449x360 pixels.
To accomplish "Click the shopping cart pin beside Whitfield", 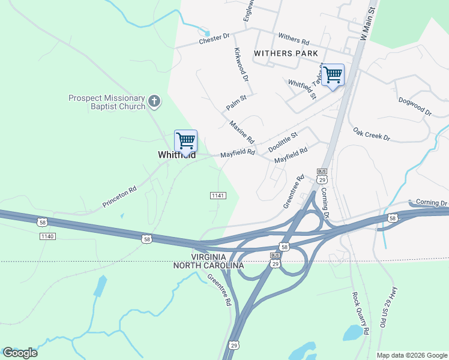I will (186, 142).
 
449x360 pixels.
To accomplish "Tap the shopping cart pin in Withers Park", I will (333, 76).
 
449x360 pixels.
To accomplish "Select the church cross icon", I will (154, 101).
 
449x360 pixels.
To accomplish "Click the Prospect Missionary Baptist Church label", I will (107, 102).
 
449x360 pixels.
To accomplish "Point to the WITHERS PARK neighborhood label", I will (285, 53).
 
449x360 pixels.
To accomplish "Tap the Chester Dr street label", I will (214, 38).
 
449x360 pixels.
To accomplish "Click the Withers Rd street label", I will (294, 40).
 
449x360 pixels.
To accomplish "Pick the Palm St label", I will (237, 101).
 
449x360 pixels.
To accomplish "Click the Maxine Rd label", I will (243, 131).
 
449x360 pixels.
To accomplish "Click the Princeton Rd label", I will (119, 196).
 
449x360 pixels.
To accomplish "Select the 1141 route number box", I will (218, 196).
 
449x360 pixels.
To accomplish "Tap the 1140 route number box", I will (47, 236).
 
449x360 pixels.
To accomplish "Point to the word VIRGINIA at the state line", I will (217, 256).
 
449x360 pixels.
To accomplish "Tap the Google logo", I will (20, 353).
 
